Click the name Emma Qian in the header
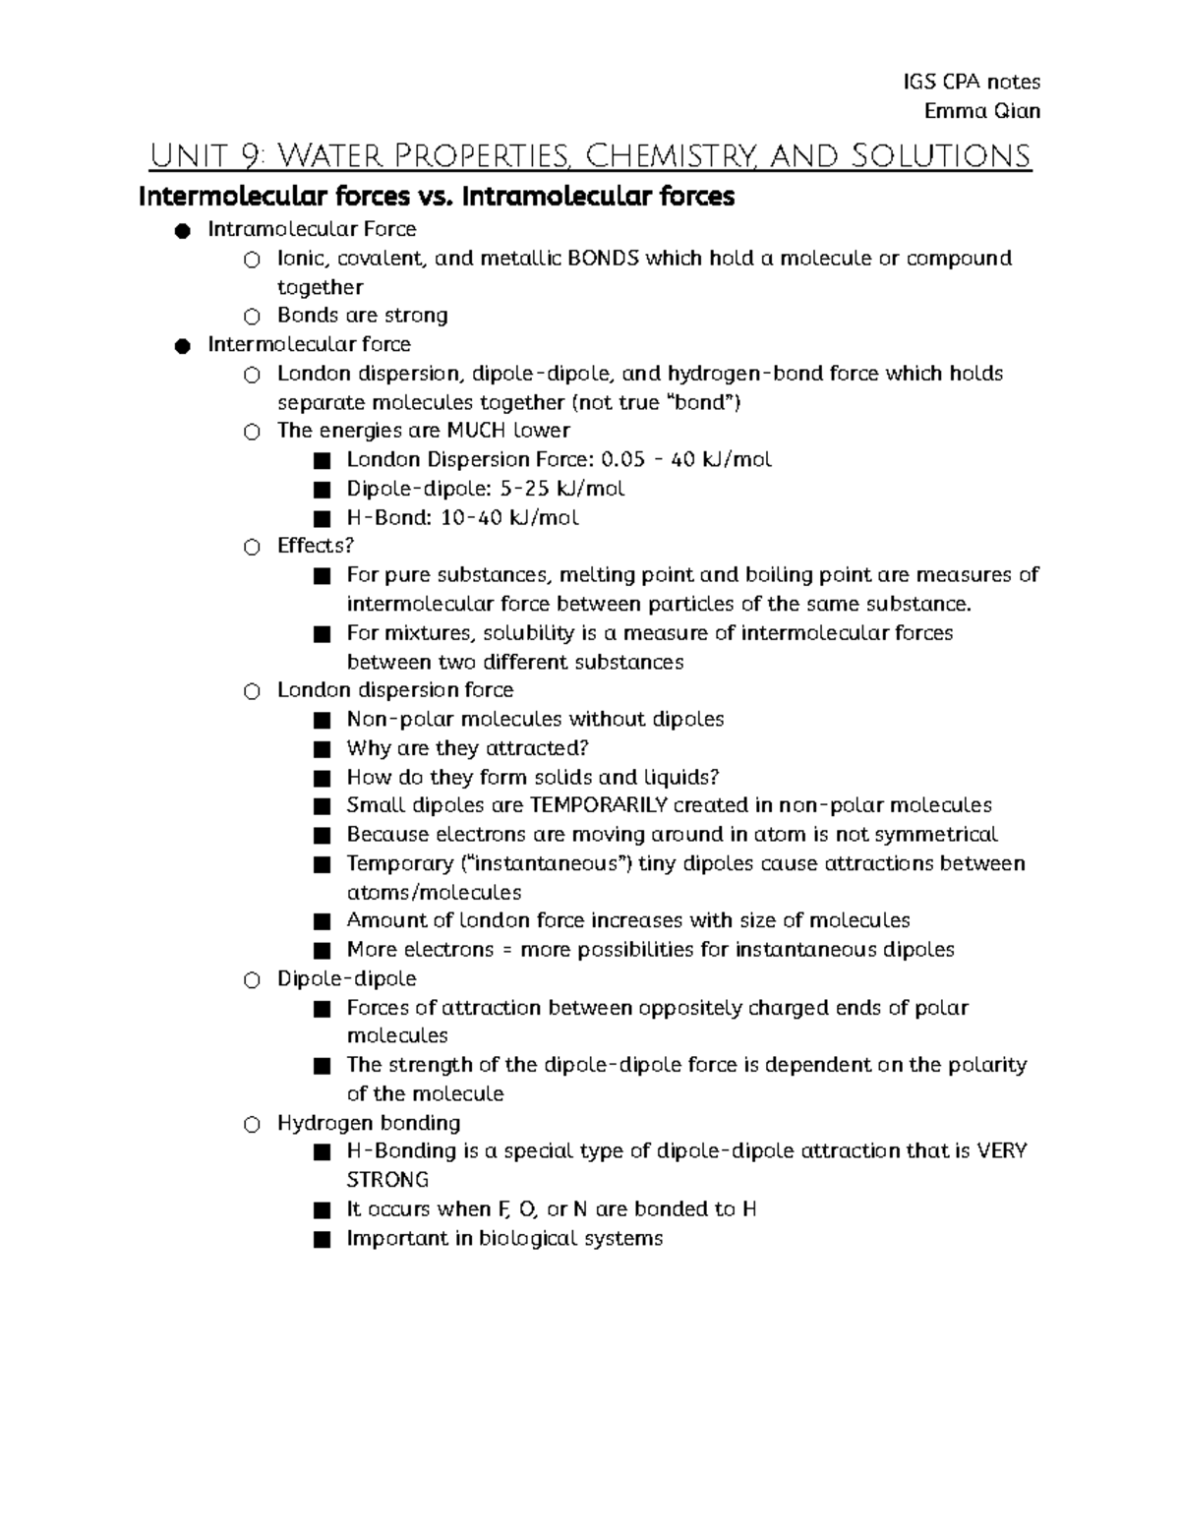981,110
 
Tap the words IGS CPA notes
971,82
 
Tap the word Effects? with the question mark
315,546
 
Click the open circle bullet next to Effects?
253,547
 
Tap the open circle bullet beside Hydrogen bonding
253,1124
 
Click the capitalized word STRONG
387,1180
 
